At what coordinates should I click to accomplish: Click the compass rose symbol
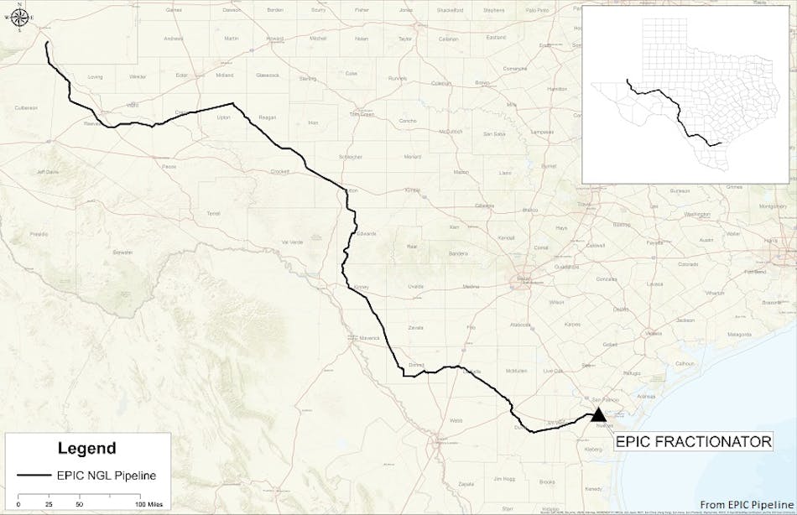tap(18, 19)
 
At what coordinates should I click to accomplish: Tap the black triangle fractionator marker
tap(598, 414)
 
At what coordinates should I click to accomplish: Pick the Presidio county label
tap(39, 233)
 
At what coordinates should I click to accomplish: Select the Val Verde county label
tap(290, 242)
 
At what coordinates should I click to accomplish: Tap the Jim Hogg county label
tap(503, 478)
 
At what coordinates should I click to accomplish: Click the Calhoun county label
tap(686, 362)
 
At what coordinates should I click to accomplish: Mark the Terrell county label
tap(212, 213)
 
